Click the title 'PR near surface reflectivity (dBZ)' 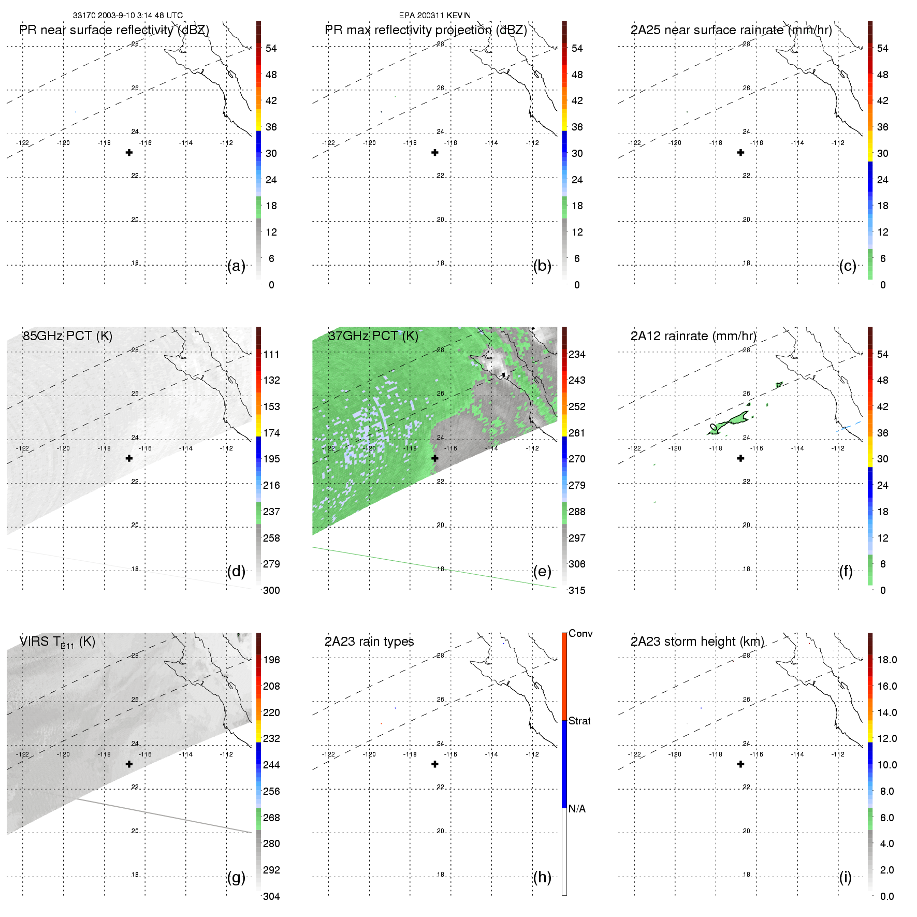[114, 30]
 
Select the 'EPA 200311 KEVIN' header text [434, 16]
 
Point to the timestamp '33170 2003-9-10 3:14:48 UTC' [127, 16]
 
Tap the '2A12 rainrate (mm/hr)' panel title [693, 336]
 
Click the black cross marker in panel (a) [129, 153]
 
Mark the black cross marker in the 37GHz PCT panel [435, 458]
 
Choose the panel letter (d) [236, 571]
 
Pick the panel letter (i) [845, 877]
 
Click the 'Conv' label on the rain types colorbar [580, 633]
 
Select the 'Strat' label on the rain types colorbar [579, 721]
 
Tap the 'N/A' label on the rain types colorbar [577, 809]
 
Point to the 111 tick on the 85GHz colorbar [271, 354]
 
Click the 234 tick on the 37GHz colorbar [577, 354]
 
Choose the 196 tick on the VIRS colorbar [271, 660]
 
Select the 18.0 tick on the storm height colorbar [887, 660]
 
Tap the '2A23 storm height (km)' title [697, 642]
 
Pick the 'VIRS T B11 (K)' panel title [57, 642]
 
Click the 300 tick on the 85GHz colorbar [271, 590]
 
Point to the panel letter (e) [542, 571]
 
